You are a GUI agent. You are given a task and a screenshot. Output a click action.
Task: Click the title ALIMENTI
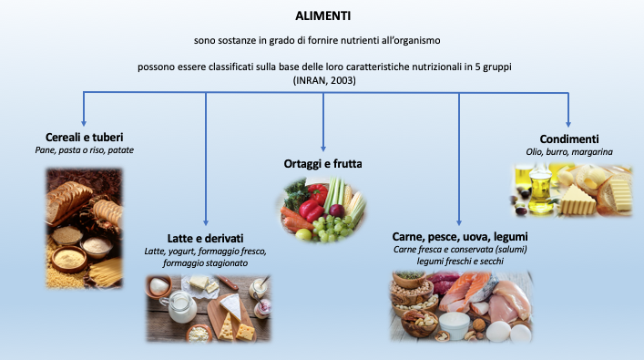click(322, 15)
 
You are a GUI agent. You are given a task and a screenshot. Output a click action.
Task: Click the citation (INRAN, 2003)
click(322, 81)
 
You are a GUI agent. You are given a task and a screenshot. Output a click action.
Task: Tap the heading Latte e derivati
click(206, 237)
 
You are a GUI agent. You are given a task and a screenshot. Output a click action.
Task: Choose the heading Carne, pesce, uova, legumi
click(459, 236)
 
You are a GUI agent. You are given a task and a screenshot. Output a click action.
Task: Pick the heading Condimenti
click(568, 139)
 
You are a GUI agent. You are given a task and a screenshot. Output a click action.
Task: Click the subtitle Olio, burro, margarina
click(569, 151)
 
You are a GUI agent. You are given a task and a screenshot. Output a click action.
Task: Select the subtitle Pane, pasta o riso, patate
click(84, 149)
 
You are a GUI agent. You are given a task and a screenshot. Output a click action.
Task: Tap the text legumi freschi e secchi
click(459, 262)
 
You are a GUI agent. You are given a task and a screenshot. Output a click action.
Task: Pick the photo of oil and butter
click(568, 189)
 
